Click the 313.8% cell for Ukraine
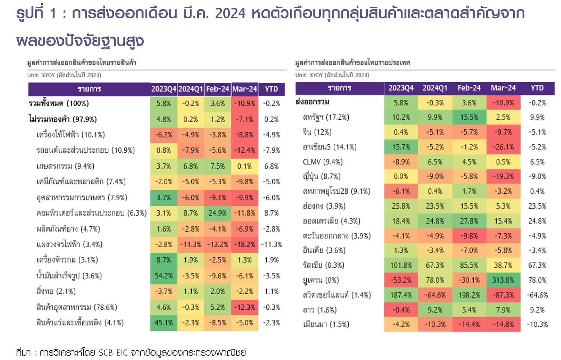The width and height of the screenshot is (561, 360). pos(503,280)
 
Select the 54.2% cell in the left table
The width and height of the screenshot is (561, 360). pos(164,276)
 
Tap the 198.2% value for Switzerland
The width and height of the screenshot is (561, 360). pos(469,295)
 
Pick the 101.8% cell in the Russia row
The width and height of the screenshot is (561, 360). pos(401,265)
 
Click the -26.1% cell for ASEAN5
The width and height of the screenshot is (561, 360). pos(503,147)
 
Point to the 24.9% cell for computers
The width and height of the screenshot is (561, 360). pos(218,213)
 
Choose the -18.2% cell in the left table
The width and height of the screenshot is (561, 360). pos(245,244)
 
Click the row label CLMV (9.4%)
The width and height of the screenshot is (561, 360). pos(323,162)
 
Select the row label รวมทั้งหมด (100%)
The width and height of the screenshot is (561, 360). pos(59,103)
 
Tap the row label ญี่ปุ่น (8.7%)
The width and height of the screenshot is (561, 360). pos(321,176)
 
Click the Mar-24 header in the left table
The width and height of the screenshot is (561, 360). pos(245,89)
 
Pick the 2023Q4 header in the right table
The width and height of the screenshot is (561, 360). pos(401,88)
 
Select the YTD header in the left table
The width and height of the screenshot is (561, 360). pos(272,89)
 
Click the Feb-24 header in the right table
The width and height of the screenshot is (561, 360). pos(469,88)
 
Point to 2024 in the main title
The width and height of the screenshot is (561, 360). pos(230,14)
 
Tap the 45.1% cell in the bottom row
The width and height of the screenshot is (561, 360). pos(164,323)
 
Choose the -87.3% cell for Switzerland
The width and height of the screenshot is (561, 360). pos(503,295)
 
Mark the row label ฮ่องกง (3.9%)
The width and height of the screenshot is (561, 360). pos(324,206)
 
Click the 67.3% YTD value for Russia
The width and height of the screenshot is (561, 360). pos(537,265)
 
